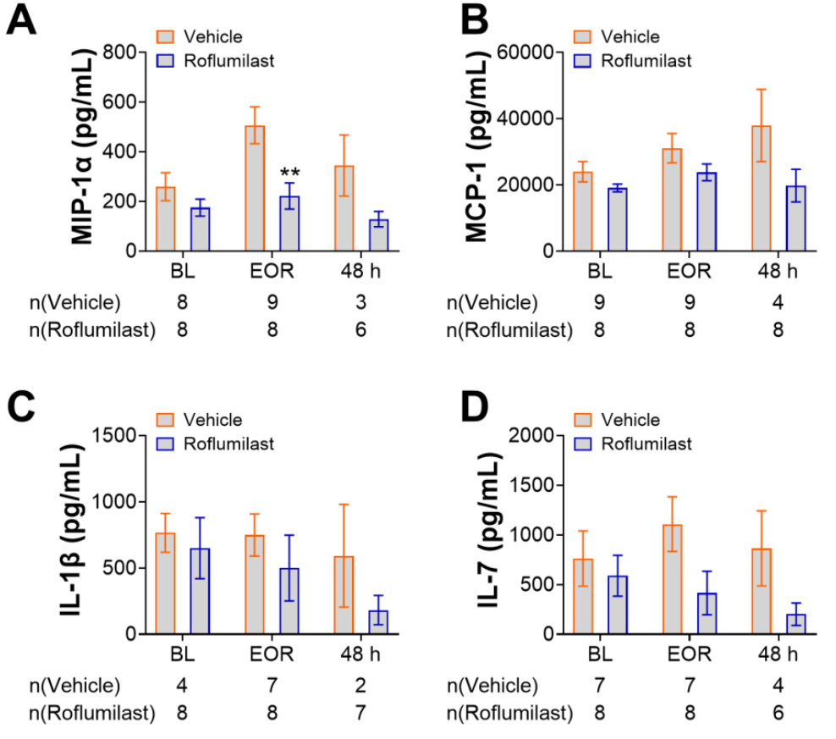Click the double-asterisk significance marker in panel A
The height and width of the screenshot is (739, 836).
pos(290,172)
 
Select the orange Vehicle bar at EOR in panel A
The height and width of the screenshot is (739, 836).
pos(255,189)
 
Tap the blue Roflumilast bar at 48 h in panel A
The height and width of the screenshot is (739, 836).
pos(379,235)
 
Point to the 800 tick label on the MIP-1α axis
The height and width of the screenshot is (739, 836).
pos(119,52)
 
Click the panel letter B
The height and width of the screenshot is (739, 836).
pos(474,21)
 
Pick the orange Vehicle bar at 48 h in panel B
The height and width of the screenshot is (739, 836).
pos(762,189)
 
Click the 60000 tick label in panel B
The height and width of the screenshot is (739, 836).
pos(525,52)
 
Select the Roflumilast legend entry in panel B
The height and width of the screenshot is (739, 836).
pos(634,61)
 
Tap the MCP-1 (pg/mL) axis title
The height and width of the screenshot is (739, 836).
pos(476,146)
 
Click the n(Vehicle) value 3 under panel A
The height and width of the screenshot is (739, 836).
pos(361,302)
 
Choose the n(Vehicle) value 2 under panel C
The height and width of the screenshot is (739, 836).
pos(361,686)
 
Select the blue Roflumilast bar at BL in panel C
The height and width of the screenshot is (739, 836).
pos(200,591)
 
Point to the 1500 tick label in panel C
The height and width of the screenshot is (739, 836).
pos(114,435)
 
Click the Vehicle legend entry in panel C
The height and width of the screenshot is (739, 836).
pos(200,420)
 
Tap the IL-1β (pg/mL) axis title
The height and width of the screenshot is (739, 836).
pos(71,530)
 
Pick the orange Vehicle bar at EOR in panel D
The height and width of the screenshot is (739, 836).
pos(673,580)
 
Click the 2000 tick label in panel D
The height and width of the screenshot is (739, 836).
pos(531,435)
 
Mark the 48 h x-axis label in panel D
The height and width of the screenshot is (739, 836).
pos(778,654)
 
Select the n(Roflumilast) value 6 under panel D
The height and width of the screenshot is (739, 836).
pos(778,713)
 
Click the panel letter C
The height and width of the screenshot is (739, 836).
pos(21,406)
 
